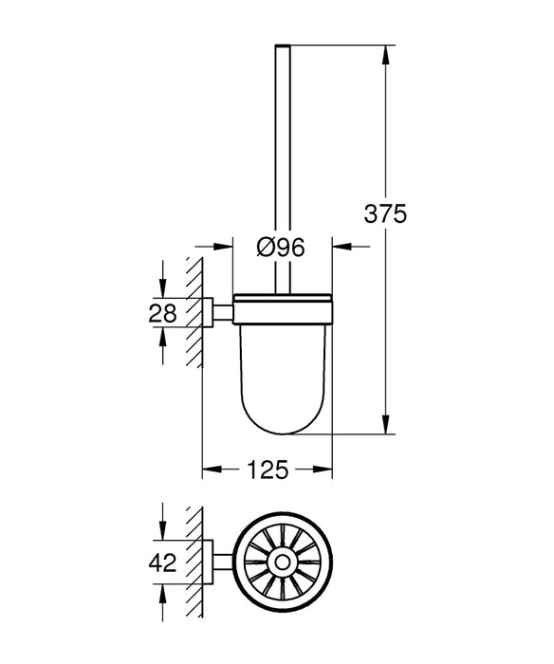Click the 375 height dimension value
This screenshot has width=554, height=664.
click(386, 214)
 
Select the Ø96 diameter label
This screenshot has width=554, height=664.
click(282, 248)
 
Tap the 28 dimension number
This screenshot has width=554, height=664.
click(163, 313)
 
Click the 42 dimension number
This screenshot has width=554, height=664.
click(163, 563)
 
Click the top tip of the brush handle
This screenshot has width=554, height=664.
click(282, 46)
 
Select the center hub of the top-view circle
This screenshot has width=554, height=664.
click(282, 563)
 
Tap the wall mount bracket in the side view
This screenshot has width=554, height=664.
click(219, 313)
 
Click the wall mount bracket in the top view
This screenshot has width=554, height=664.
click(219, 563)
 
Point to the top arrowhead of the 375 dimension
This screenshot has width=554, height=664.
click(386, 53)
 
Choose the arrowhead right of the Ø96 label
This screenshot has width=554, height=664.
click(340, 248)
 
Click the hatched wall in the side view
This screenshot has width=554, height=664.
click(196, 313)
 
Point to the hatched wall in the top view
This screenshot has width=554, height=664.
click(196, 563)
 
